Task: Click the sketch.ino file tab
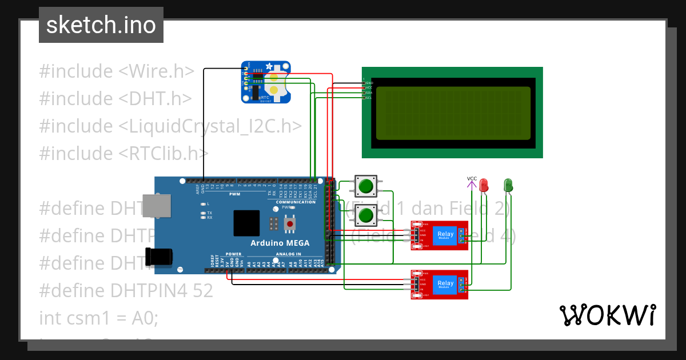click(x=101, y=25)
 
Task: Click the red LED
click(x=484, y=185)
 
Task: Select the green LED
click(x=508, y=185)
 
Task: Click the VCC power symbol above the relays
click(x=472, y=182)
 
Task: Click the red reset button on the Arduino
click(x=290, y=224)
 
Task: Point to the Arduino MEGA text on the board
click(x=280, y=243)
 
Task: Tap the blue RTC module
click(x=266, y=82)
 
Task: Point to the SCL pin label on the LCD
click(x=368, y=98)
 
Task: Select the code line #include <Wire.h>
click(x=117, y=71)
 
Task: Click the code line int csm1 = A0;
click(x=98, y=318)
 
